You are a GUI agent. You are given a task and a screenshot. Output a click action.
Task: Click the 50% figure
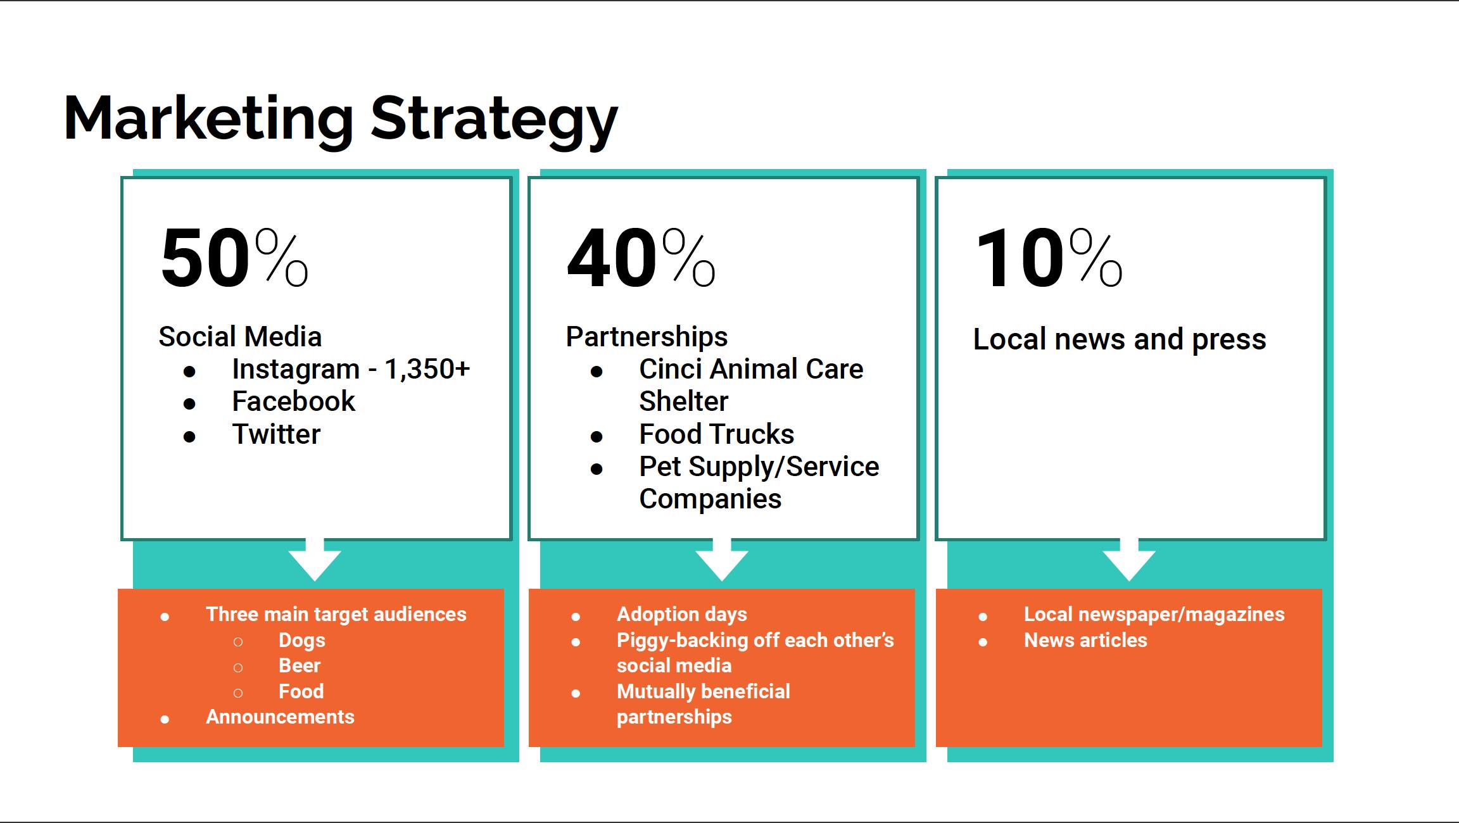(x=234, y=258)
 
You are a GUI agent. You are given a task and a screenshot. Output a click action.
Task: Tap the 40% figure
(x=641, y=258)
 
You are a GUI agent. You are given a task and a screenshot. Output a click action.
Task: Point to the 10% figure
(x=1049, y=258)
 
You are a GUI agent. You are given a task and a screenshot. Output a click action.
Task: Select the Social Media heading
(x=240, y=337)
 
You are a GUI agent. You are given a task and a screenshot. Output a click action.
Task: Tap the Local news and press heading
(x=1120, y=339)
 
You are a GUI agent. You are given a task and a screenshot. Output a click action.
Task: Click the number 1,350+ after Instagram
(x=427, y=369)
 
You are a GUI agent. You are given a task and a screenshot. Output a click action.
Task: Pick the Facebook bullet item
(x=294, y=401)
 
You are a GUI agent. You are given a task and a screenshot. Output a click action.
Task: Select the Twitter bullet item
(x=277, y=434)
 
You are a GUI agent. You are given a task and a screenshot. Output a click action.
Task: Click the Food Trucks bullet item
(x=717, y=434)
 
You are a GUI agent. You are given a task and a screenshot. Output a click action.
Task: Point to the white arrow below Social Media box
(x=315, y=560)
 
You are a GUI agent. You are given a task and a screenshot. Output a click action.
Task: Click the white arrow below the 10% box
(x=1129, y=560)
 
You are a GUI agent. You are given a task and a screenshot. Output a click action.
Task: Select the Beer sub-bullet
(x=300, y=666)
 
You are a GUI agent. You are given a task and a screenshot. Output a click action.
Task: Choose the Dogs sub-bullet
(x=302, y=641)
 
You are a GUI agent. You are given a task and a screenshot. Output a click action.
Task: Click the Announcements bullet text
(x=280, y=717)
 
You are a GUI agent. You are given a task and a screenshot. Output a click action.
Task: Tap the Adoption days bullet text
(x=682, y=615)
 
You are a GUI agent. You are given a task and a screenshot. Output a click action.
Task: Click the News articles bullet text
(x=1085, y=640)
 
